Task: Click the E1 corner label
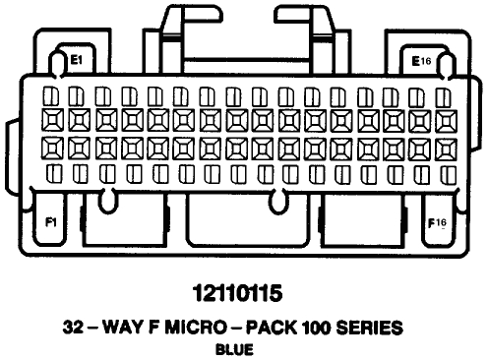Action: coord(74,60)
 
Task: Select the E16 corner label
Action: coord(422,60)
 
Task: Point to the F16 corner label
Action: coord(437,222)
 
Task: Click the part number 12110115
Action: coord(243,292)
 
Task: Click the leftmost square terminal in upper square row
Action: coord(54,121)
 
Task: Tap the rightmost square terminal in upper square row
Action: coord(441,121)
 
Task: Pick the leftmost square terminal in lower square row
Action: coord(54,150)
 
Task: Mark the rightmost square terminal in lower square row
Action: coord(441,150)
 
